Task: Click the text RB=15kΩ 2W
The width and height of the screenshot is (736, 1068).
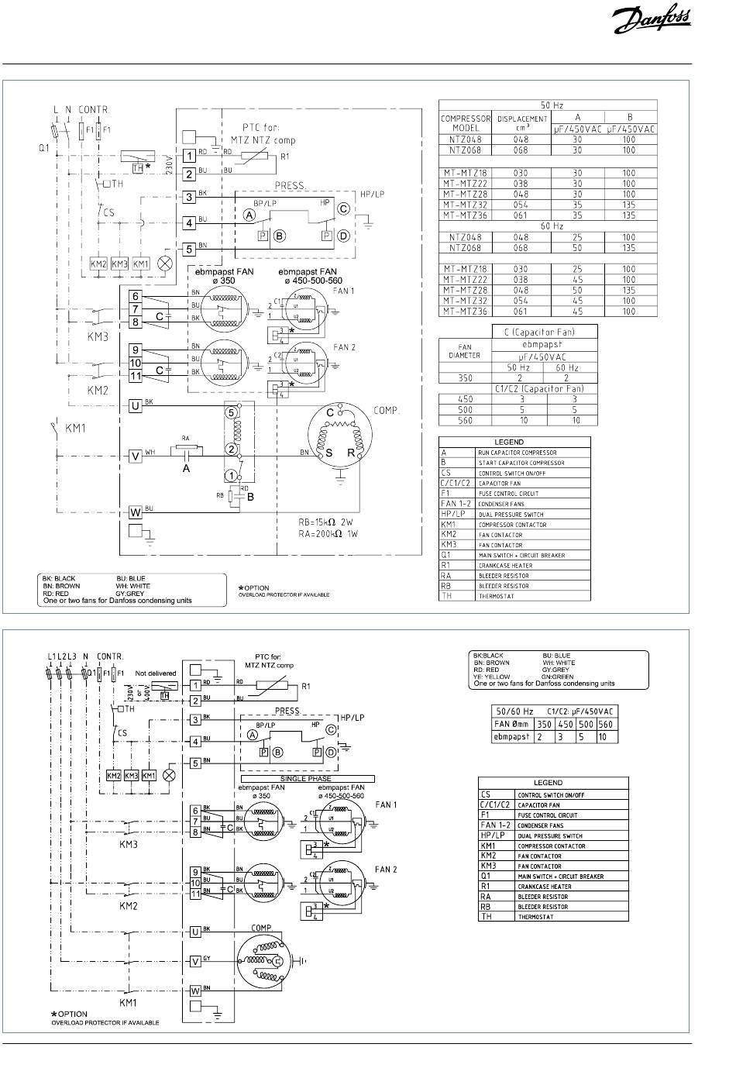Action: pyautogui.click(x=332, y=522)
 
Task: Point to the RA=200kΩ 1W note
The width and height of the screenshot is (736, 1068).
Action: pyautogui.click(x=332, y=535)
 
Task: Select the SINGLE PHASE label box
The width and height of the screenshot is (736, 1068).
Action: pyautogui.click(x=308, y=778)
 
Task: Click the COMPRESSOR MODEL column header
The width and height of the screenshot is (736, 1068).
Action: pyautogui.click(x=466, y=122)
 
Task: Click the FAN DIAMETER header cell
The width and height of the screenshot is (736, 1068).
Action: pyautogui.click(x=465, y=351)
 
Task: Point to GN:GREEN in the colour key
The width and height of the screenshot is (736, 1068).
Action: pyautogui.click(x=558, y=677)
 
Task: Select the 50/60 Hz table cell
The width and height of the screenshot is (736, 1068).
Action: pyautogui.click(x=514, y=711)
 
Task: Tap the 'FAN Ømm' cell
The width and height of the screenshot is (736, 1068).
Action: pyautogui.click(x=513, y=725)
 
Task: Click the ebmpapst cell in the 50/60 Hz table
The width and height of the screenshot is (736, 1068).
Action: pyautogui.click(x=513, y=737)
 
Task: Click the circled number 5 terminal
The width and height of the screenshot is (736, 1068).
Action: pyautogui.click(x=230, y=412)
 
